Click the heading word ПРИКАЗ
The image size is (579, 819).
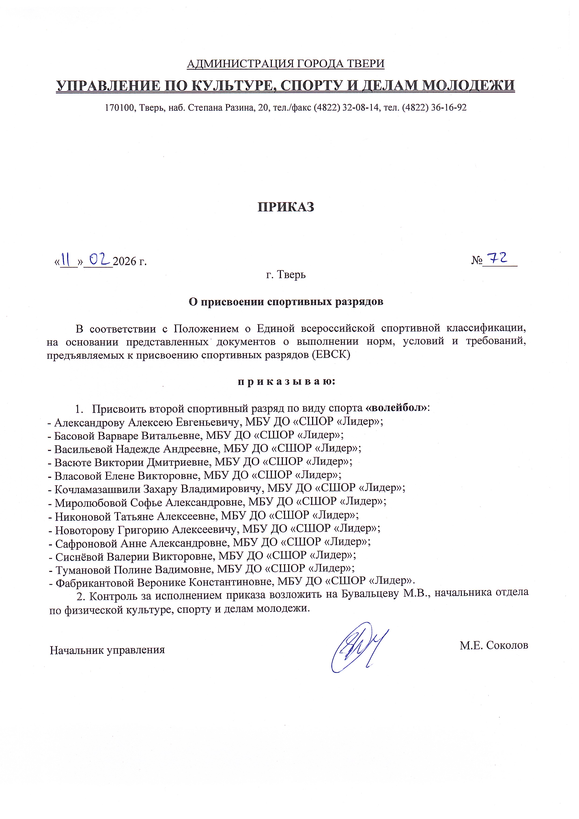pyautogui.click(x=286, y=207)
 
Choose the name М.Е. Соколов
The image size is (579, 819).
pyautogui.click(x=493, y=645)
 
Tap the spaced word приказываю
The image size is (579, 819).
pyautogui.click(x=286, y=382)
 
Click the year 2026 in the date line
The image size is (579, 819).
pyautogui.click(x=125, y=262)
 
